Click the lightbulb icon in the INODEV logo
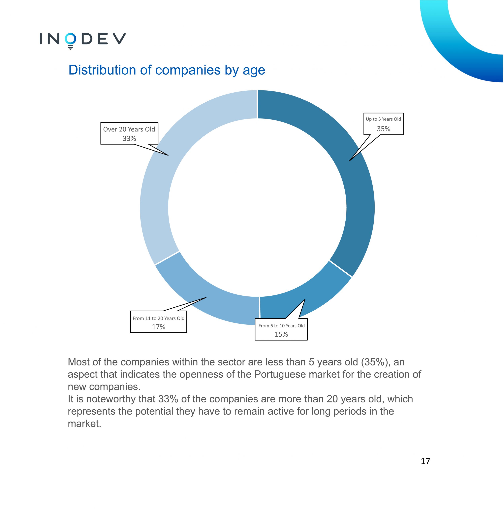pos(70,41)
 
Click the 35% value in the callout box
pos(383,129)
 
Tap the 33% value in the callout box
pos(129,139)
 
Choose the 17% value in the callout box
pos(159,327)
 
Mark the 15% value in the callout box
pos(281,334)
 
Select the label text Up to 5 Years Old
pos(383,119)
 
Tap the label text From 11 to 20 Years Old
pos(159,318)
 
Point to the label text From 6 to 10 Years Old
pos(281,326)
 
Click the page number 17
pos(425,461)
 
